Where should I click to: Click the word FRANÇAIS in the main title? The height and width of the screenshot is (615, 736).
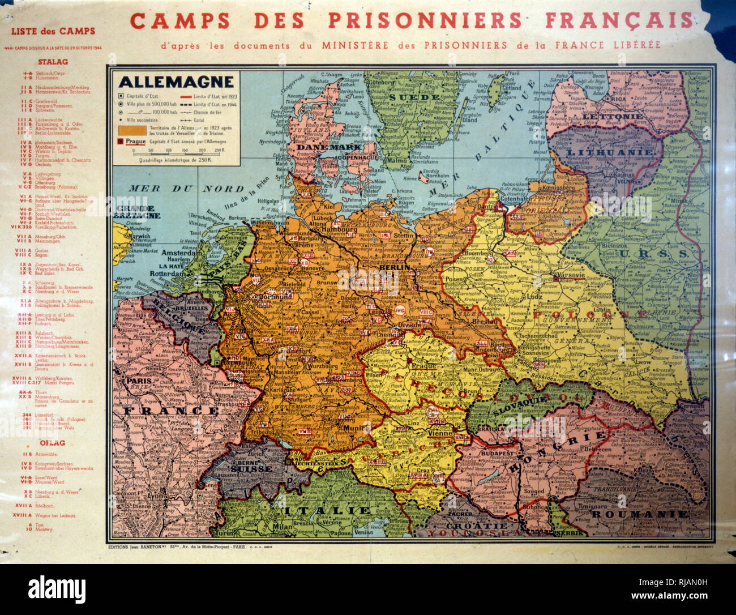point(619,20)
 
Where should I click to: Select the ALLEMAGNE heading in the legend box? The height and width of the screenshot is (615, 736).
point(176,82)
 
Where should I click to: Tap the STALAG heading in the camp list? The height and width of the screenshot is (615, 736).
point(53,62)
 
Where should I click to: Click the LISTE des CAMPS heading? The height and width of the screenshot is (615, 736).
point(53,31)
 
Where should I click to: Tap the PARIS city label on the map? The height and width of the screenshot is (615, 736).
point(138,381)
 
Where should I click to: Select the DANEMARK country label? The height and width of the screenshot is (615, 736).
point(320,147)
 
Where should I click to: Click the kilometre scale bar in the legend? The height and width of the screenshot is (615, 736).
point(170,151)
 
